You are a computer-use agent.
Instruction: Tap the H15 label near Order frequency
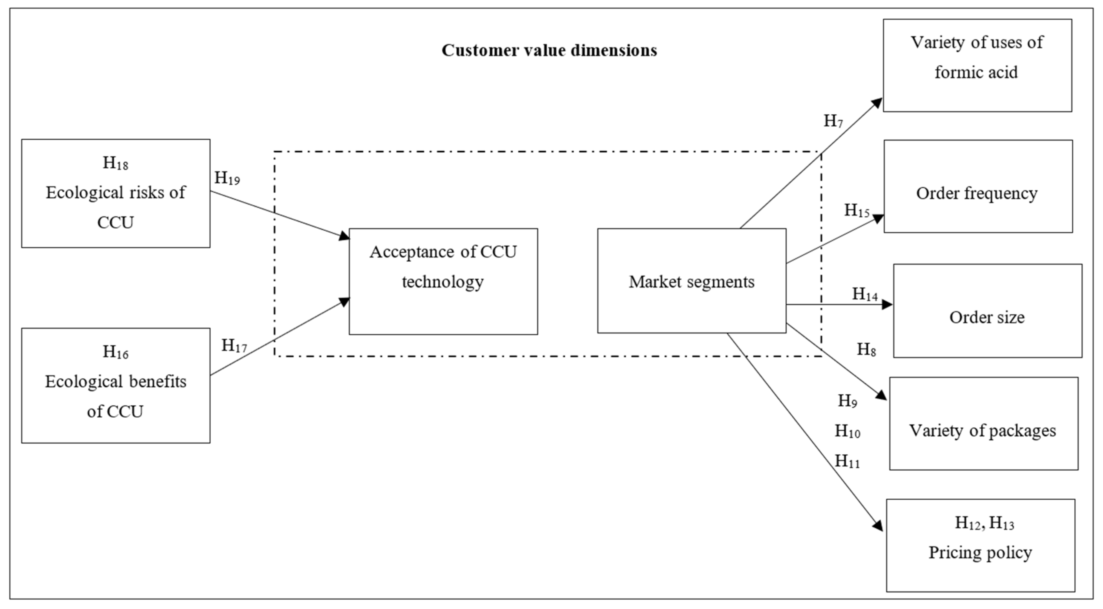coord(856,211)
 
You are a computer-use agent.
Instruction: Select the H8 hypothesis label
coord(866,350)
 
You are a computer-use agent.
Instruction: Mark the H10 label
coord(847,431)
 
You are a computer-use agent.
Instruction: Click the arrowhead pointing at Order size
coord(887,305)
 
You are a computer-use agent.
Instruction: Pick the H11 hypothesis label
coord(847,462)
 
